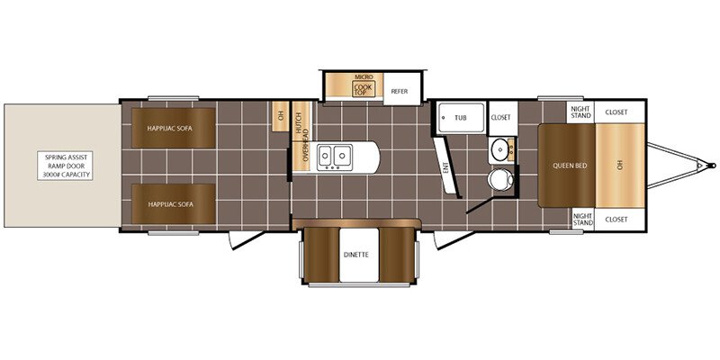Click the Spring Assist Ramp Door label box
(65, 166)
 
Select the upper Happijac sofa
(174, 128)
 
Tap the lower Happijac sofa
(174, 204)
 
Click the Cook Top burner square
(364, 88)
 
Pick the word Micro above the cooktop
(364, 76)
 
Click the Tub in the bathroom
(461, 118)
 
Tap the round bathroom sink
(499, 149)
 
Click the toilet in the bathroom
(499, 179)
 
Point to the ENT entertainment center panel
(446, 167)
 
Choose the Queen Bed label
(570, 166)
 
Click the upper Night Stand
(580, 112)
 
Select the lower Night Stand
(582, 220)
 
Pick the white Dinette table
(359, 255)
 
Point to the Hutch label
(301, 121)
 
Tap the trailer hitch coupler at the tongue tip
(711, 166)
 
